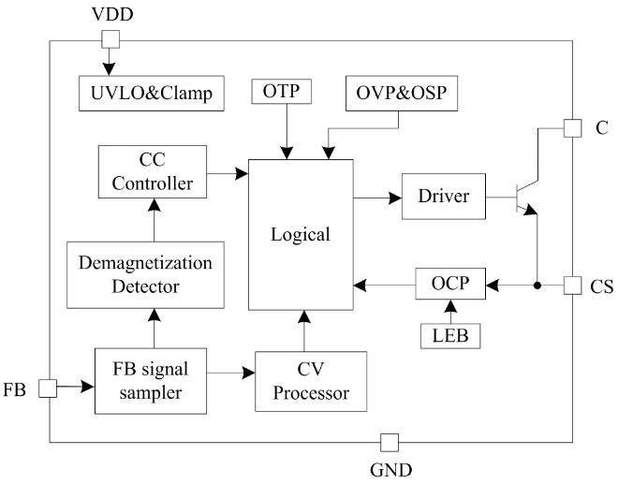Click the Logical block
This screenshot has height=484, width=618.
[x=301, y=234]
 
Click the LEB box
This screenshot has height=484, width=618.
[x=451, y=333]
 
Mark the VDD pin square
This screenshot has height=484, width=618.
[x=110, y=38]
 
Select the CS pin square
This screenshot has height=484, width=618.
[x=572, y=284]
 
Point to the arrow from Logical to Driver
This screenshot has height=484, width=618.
[x=377, y=198]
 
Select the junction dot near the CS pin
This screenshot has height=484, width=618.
[x=537, y=284]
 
